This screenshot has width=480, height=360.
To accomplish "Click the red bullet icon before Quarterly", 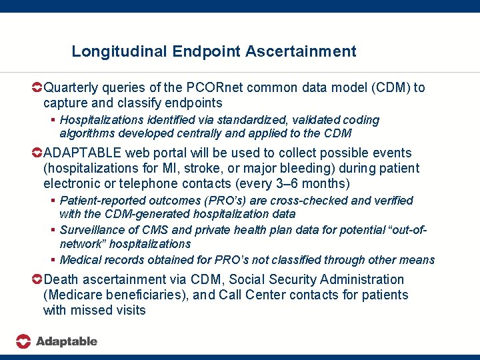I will click(x=37, y=88).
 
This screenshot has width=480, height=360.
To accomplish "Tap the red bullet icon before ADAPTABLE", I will click(x=37, y=153).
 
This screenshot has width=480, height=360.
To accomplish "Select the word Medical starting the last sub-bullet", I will click(x=81, y=260).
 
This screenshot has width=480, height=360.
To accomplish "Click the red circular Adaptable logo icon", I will click(x=23, y=341).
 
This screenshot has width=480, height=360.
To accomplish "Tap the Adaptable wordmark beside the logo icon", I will click(x=66, y=341).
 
